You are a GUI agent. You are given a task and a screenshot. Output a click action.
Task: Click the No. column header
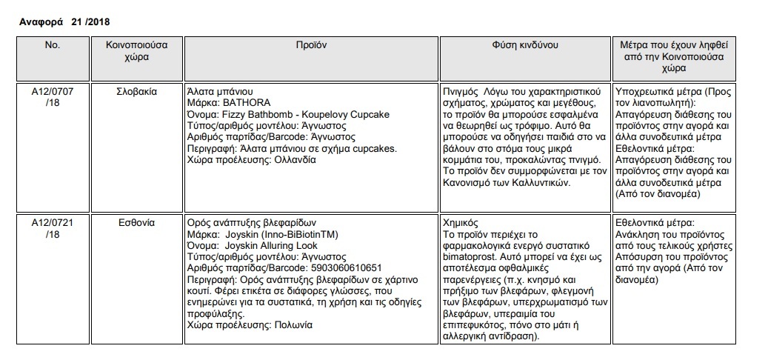tap(52, 45)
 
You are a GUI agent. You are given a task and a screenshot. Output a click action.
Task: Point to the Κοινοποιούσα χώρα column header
tap(136, 50)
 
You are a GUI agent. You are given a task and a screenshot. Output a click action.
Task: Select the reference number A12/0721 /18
tap(52, 228)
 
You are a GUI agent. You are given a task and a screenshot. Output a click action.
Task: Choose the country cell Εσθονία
tap(136, 223)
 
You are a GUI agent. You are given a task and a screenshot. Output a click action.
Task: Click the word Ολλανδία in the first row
tap(295, 160)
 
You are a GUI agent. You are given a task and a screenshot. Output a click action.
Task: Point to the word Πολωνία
tap(294, 325)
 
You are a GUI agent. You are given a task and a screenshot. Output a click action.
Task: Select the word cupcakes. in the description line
tap(373, 148)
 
